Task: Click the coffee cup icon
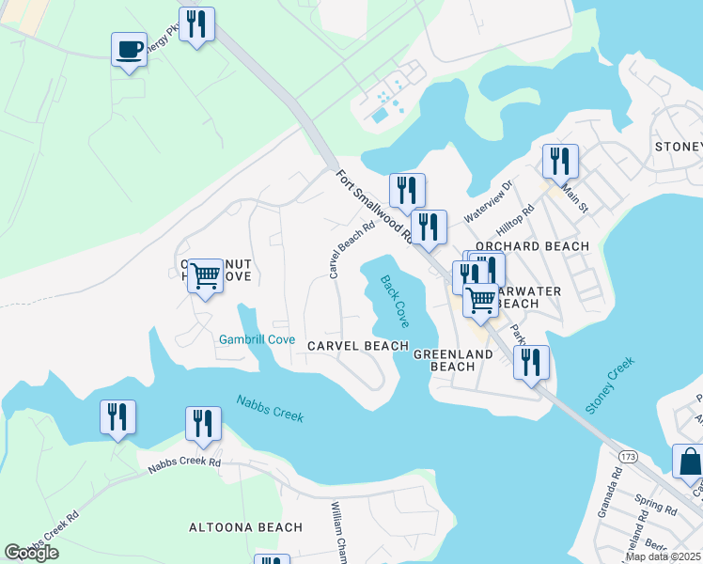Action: pyautogui.click(x=129, y=49)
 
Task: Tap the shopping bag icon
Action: pyautogui.click(x=689, y=462)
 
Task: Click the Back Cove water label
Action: pyautogui.click(x=395, y=300)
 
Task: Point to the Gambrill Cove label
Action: pyautogui.click(x=258, y=339)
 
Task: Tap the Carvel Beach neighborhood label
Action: pyautogui.click(x=358, y=346)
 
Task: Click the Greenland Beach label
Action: pyautogui.click(x=454, y=360)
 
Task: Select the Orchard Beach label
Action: pyautogui.click(x=532, y=246)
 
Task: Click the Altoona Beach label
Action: pyautogui.click(x=246, y=528)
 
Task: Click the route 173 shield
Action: pyautogui.click(x=629, y=455)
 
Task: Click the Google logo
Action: pyautogui.click(x=31, y=553)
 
